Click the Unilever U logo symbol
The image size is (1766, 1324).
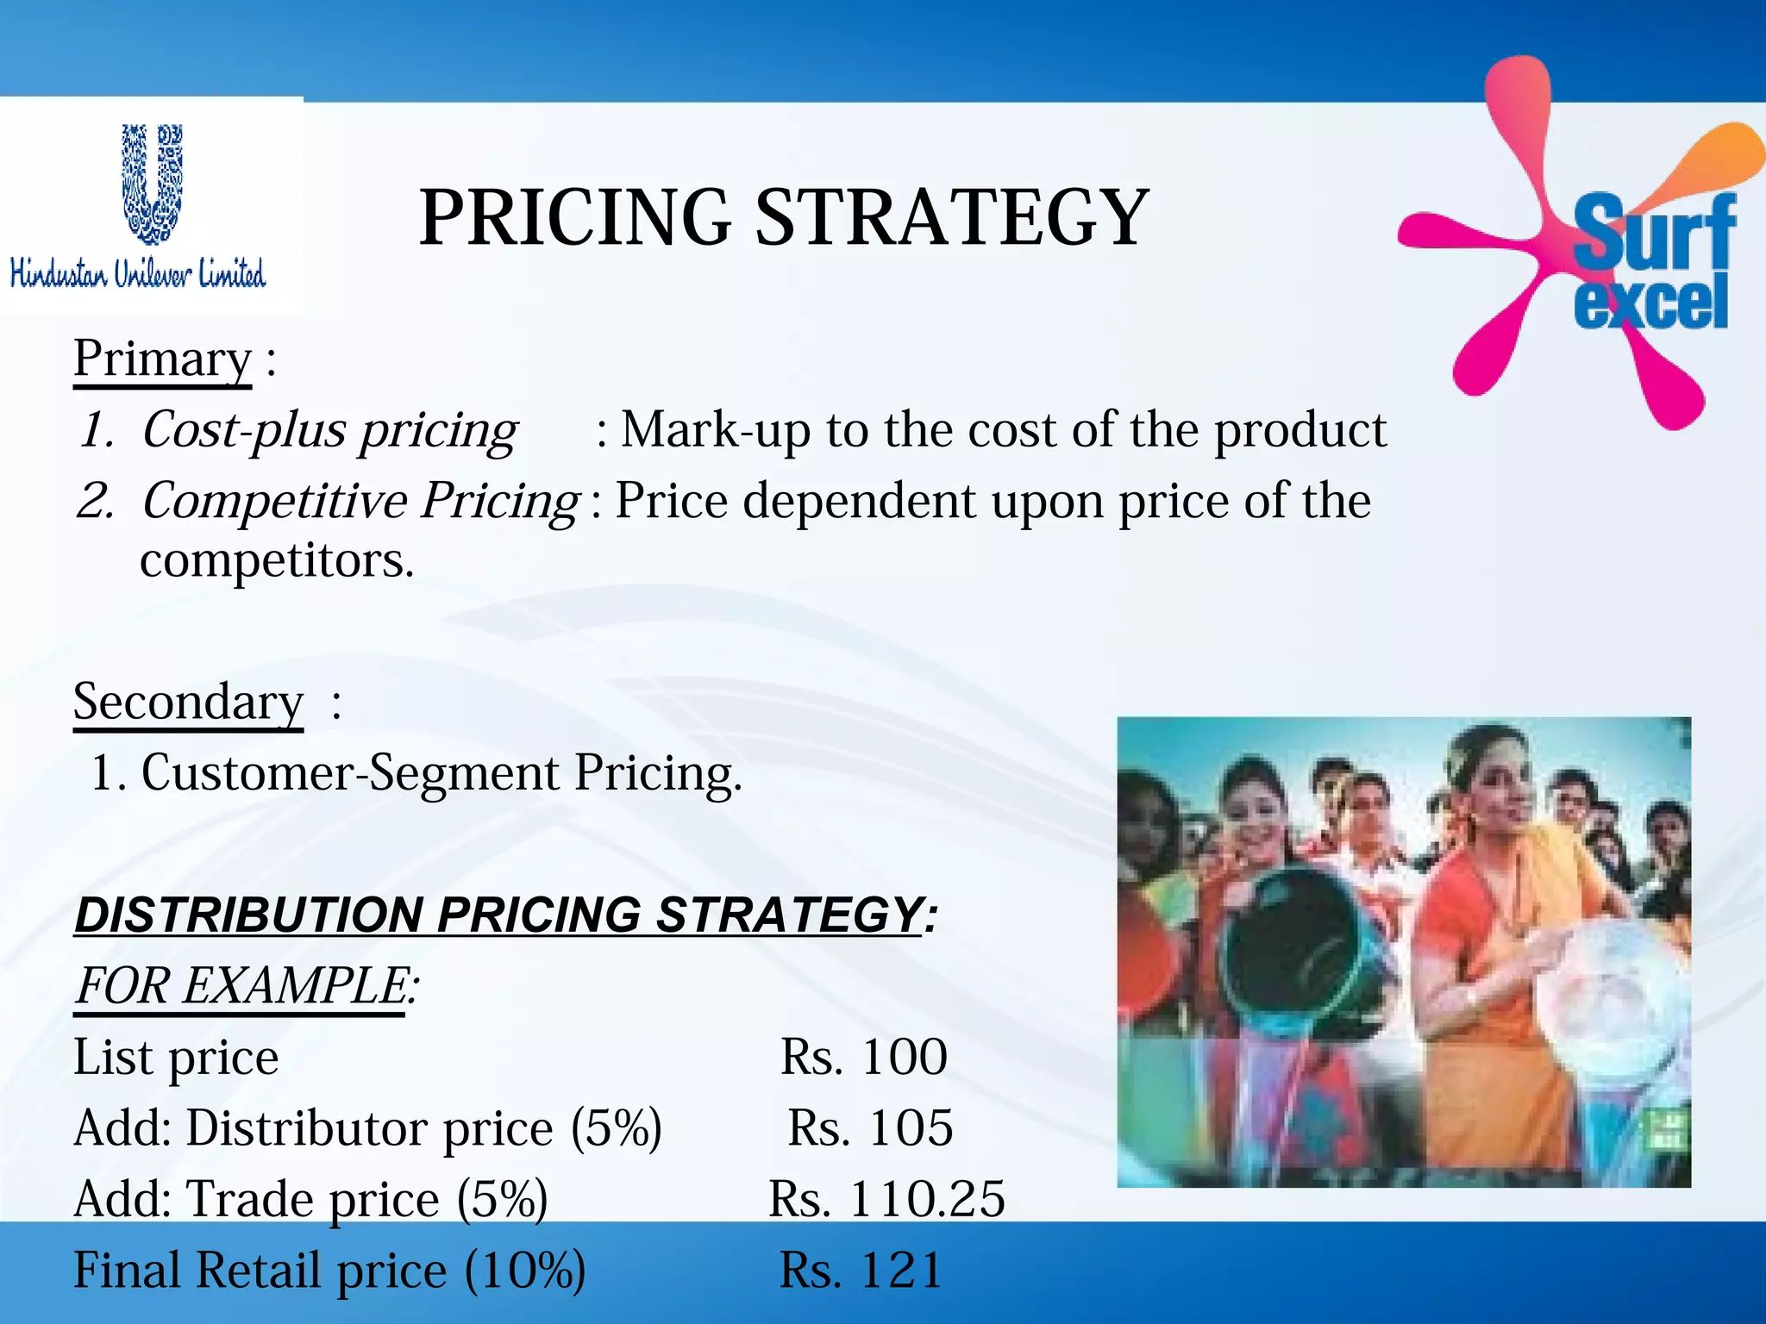(152, 183)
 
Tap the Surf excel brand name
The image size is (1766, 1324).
(1651, 264)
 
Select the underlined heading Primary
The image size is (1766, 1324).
(162, 359)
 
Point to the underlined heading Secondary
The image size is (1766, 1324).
(188, 702)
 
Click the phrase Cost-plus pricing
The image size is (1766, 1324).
(329, 430)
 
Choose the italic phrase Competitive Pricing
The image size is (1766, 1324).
(360, 501)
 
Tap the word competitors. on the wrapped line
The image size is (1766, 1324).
(277, 560)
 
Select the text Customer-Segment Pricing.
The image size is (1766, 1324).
(441, 772)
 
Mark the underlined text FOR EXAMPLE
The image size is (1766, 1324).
(241, 985)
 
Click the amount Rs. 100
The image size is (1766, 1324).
(863, 1057)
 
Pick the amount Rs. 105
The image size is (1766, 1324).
(870, 1127)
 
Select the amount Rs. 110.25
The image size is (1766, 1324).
(886, 1199)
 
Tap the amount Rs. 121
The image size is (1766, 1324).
(861, 1271)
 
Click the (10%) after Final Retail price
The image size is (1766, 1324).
(525, 1271)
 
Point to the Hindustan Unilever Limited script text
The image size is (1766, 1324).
(138, 273)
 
